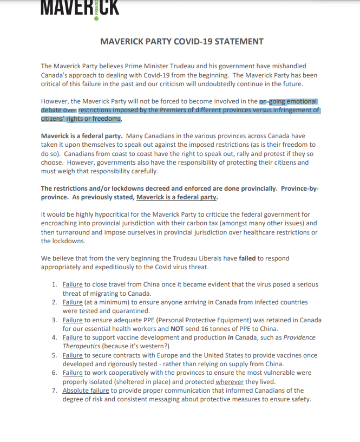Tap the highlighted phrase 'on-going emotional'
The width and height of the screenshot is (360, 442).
click(288, 101)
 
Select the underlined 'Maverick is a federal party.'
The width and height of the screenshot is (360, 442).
click(176, 197)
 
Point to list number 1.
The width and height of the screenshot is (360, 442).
click(55, 284)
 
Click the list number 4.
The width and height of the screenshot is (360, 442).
click(55, 337)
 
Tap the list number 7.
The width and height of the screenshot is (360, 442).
click(55, 391)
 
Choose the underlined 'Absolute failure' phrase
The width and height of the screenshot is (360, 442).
click(86, 391)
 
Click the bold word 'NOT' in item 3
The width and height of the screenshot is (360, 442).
click(179, 328)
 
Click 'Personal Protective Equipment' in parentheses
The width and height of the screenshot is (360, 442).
click(179, 320)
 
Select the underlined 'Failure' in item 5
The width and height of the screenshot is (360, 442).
click(73, 355)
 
